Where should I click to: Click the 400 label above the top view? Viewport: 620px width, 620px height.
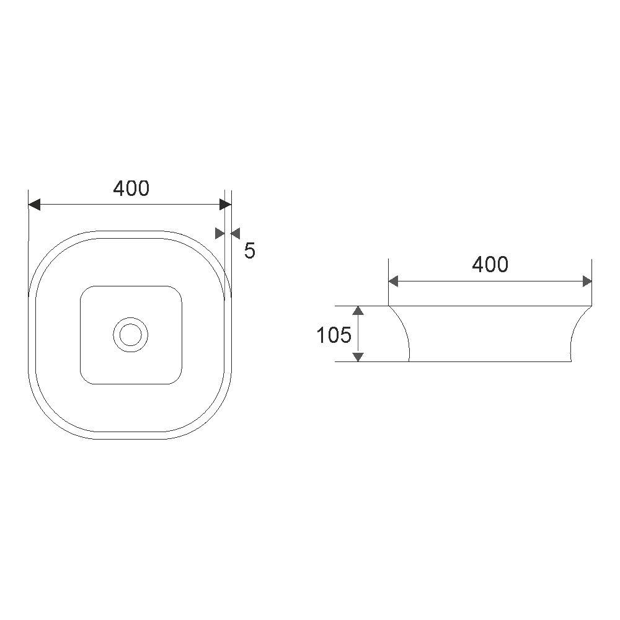(131, 188)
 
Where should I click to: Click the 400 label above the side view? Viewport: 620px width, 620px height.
(490, 265)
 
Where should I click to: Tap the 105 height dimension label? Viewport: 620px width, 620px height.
(334, 335)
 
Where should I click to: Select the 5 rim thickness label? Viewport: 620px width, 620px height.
(249, 250)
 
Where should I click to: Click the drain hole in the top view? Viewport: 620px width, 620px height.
(130, 335)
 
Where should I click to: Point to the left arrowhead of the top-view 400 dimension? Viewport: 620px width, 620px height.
(34, 205)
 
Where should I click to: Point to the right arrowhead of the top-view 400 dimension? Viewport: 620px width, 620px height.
(226, 205)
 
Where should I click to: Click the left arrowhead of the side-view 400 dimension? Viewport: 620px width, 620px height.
(393, 282)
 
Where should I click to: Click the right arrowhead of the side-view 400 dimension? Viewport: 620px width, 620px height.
(587, 282)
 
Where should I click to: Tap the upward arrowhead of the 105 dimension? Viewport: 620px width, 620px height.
(358, 311)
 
